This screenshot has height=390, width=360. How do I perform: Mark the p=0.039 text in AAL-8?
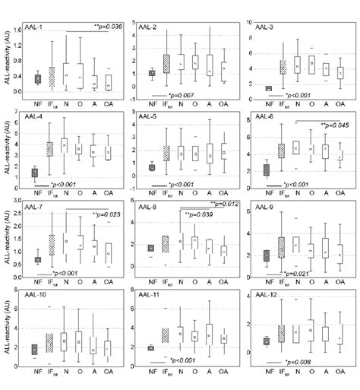[200, 215]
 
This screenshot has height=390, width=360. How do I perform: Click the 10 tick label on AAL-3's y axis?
[246, 23]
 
